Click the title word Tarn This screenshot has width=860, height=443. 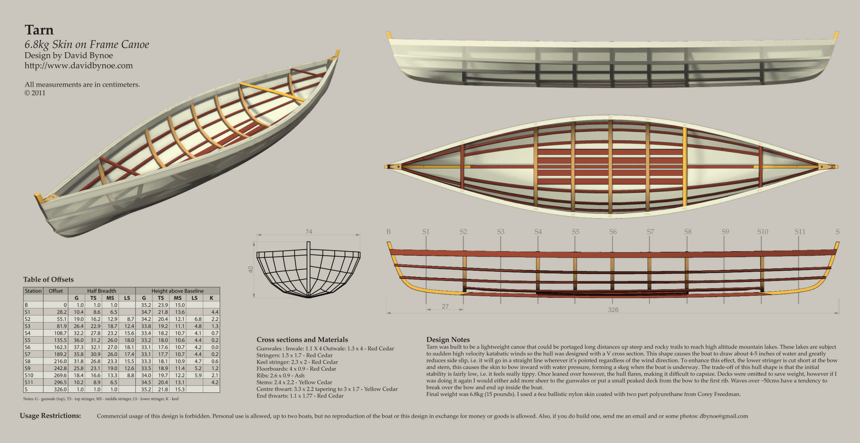(39, 30)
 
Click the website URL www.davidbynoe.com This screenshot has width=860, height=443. (78, 66)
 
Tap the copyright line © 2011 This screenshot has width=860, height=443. (35, 93)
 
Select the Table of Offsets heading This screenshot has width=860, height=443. (48, 280)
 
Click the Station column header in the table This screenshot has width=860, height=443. (33, 291)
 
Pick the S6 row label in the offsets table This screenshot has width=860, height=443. (27, 347)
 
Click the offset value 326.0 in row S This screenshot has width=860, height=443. (60, 389)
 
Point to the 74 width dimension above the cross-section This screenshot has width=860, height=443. (309, 232)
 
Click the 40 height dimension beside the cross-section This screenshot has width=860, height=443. (251, 269)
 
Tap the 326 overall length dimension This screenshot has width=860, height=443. (613, 310)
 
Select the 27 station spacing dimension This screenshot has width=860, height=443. (445, 306)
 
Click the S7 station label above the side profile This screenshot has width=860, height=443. (650, 232)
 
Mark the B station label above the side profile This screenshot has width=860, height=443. (388, 232)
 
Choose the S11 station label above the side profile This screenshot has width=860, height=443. (800, 232)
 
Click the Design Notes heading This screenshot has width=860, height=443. (448, 340)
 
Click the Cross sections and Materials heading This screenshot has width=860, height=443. (302, 340)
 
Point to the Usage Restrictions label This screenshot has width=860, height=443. (51, 416)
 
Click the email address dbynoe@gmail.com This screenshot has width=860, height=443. (723, 416)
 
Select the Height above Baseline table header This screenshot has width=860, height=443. (177, 291)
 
